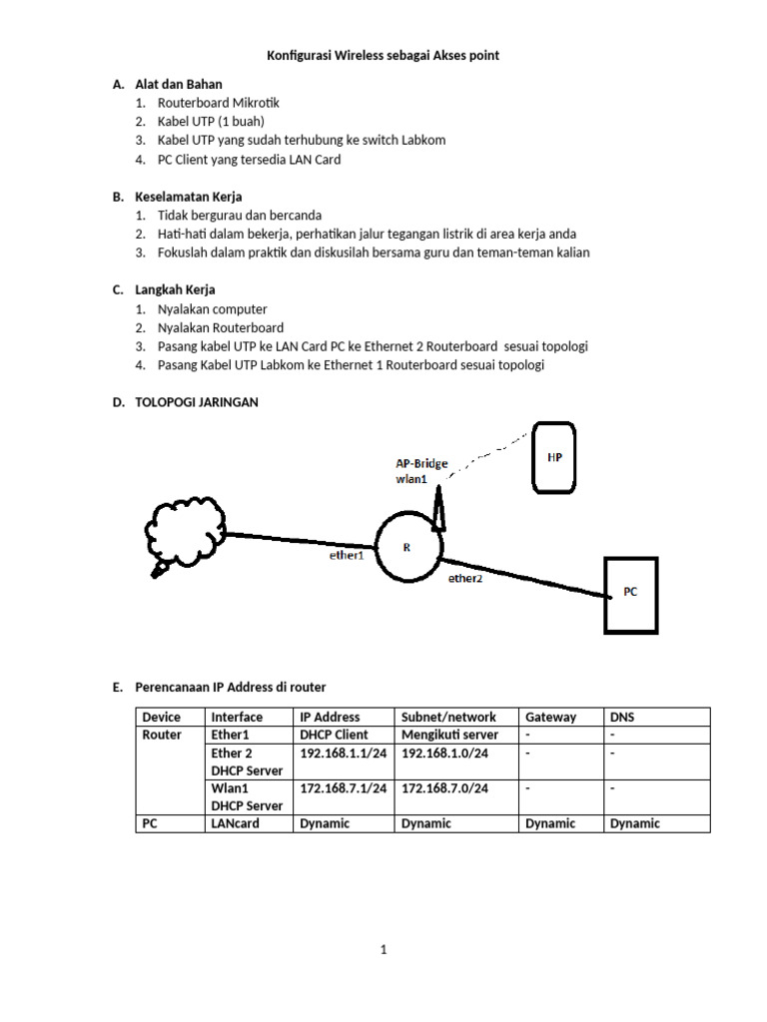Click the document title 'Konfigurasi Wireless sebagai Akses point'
tap(383, 56)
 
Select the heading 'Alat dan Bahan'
tap(179, 84)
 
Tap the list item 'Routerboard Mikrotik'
tap(219, 103)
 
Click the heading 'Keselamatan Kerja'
tap(189, 197)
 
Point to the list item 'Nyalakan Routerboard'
tap(221, 327)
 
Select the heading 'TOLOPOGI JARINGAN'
tap(197, 402)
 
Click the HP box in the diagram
tap(555, 457)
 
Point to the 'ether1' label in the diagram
tap(346, 555)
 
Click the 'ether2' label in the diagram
tap(465, 577)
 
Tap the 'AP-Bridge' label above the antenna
tap(422, 463)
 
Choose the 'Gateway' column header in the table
tap(550, 717)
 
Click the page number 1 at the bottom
tap(383, 950)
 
